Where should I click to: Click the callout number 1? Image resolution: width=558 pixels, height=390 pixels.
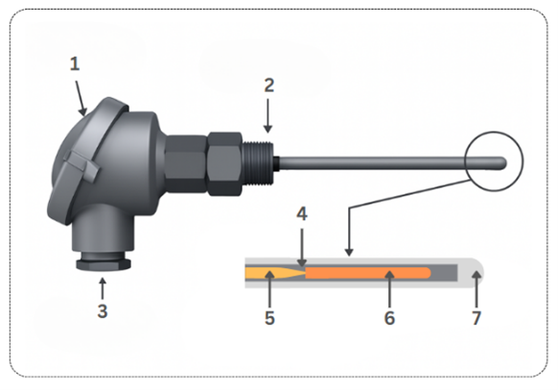pyautogui.click(x=75, y=64)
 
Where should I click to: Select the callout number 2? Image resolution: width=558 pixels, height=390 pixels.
pyautogui.click(x=269, y=85)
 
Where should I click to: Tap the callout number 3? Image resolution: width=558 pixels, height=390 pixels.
pyautogui.click(x=103, y=311)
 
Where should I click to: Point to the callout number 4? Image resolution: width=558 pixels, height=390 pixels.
pyautogui.click(x=302, y=214)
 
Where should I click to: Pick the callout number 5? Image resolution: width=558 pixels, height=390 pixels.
pyautogui.click(x=269, y=318)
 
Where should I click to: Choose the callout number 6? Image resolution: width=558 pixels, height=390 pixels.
pyautogui.click(x=389, y=318)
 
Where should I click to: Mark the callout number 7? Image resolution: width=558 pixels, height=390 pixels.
pyautogui.click(x=477, y=318)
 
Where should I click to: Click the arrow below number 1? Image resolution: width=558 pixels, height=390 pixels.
pyautogui.click(x=81, y=98)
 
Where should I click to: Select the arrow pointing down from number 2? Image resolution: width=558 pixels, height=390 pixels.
pyautogui.click(x=268, y=116)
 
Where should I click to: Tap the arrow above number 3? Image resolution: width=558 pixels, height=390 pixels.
pyautogui.click(x=103, y=288)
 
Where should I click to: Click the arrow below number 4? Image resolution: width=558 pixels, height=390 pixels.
pyautogui.click(x=302, y=248)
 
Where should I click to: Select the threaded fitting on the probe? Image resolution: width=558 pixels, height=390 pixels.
pyautogui.click(x=258, y=162)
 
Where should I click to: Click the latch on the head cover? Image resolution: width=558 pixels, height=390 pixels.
pyautogui.click(x=81, y=164)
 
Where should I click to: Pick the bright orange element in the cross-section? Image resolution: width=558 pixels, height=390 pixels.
pyautogui.click(x=368, y=273)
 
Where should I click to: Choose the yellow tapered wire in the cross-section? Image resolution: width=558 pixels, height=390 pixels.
pyautogui.click(x=275, y=273)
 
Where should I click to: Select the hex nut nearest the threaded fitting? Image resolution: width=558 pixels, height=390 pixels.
pyautogui.click(x=225, y=164)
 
